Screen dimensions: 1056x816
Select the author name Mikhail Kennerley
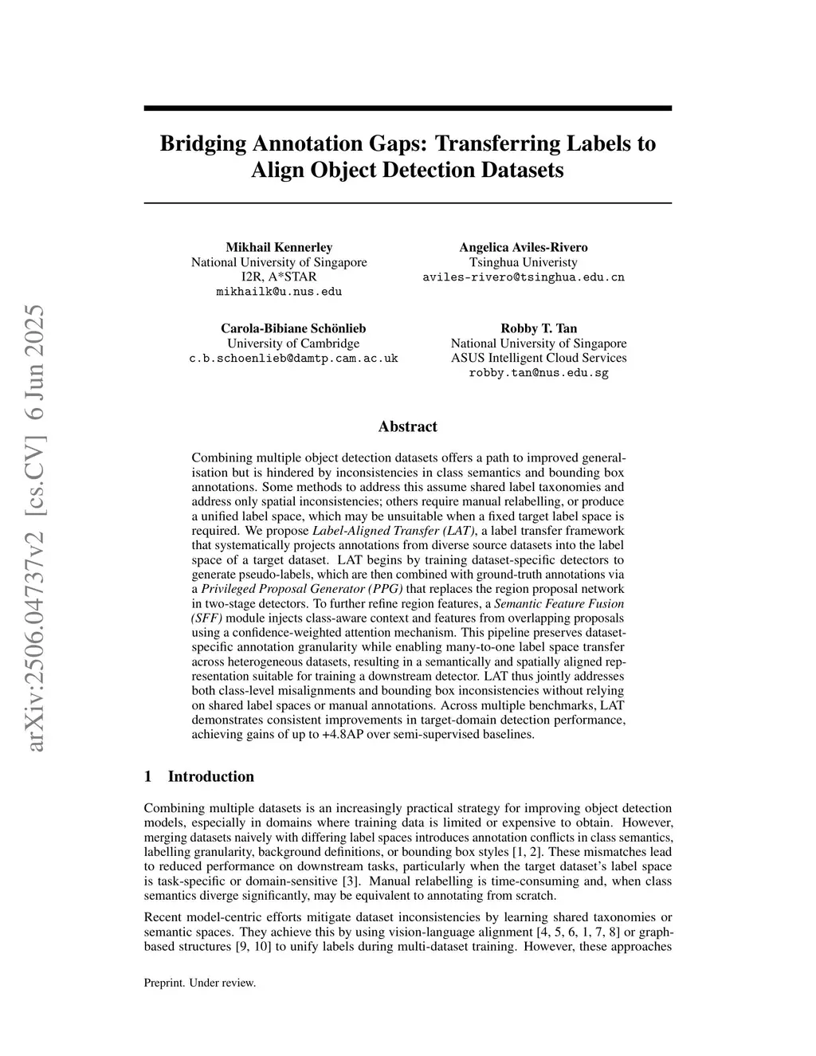279,247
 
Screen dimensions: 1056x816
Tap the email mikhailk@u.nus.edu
279,292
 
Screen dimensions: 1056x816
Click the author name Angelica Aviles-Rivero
524,247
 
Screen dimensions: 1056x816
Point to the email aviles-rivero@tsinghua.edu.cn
524,277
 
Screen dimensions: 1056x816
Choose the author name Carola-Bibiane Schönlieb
293,328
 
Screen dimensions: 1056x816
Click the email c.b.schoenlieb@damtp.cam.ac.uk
293,359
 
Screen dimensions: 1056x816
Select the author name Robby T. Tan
539,328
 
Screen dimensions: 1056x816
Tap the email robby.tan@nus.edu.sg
539,373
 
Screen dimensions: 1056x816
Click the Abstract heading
407,426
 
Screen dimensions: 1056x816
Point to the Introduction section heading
210,776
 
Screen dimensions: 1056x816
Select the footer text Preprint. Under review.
199,983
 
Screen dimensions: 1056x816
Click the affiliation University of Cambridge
293,343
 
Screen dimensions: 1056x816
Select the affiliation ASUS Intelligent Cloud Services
539,358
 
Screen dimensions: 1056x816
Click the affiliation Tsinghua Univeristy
524,262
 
